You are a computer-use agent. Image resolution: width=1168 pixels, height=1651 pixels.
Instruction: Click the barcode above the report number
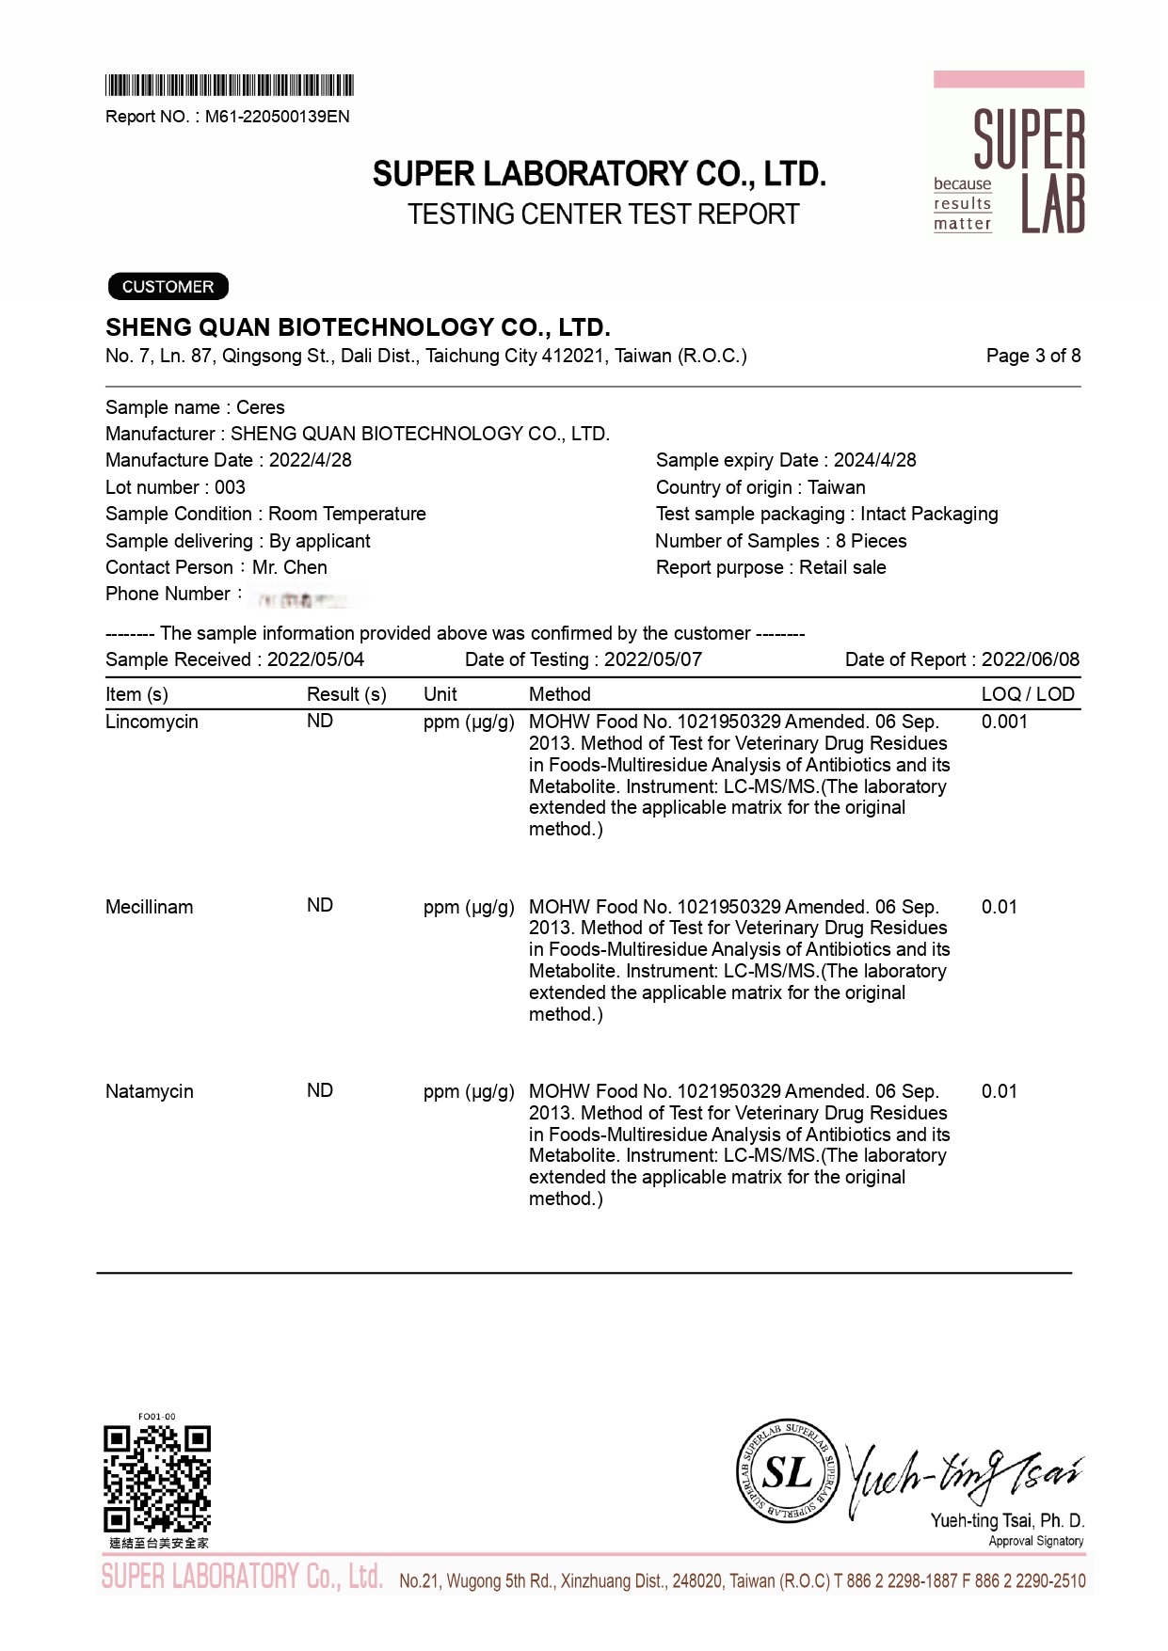point(229,86)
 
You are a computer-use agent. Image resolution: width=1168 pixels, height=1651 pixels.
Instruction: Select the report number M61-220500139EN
point(277,117)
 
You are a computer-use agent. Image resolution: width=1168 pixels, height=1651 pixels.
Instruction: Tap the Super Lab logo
point(1008,157)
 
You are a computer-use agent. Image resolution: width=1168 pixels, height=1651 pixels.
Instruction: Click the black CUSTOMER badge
point(168,287)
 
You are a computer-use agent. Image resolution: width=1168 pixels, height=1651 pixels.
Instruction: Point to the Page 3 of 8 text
point(1032,356)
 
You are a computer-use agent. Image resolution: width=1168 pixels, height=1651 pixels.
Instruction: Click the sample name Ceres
point(260,407)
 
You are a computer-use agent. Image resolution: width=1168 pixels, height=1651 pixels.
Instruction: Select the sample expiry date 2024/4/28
point(874,460)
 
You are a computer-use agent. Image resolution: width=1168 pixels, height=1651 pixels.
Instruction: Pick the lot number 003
point(230,487)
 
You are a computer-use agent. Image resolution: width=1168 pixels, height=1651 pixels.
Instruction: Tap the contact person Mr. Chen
point(290,567)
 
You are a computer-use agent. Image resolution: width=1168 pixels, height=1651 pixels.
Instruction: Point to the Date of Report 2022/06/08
point(1030,659)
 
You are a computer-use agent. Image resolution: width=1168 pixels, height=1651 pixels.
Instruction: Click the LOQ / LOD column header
point(1027,694)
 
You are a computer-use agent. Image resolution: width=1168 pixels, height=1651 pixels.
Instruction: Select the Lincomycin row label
point(152,722)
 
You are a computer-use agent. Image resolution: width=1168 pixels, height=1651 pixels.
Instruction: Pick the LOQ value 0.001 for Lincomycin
point(1004,722)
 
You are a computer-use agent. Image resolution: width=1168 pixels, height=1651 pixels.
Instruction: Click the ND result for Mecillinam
point(320,906)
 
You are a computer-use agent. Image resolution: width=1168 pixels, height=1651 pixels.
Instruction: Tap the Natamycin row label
point(149,1091)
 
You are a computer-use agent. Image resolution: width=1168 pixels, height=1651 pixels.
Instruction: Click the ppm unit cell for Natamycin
point(468,1091)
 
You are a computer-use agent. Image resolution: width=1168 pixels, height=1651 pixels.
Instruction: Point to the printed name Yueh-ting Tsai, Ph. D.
point(1007,1520)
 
